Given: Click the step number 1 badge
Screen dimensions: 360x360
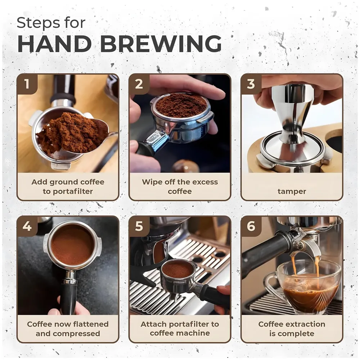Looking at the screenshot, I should (27, 84).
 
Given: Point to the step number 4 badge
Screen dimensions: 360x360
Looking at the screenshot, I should (27, 226).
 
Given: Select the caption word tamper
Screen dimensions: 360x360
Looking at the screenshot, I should (292, 191).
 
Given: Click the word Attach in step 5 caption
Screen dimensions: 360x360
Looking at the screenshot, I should (153, 324).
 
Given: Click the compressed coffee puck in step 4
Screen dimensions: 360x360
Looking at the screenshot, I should (72, 245).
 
